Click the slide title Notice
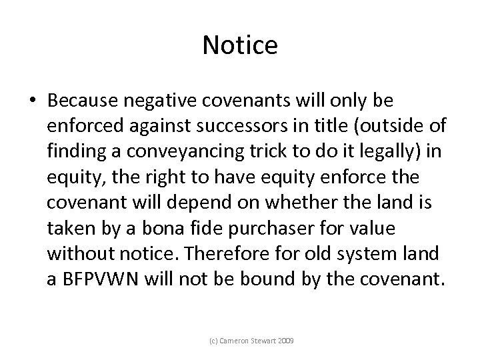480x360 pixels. click(x=239, y=45)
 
